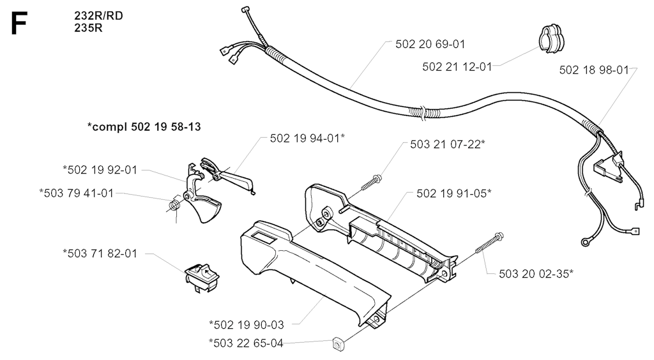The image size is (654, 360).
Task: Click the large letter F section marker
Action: coord(19,23)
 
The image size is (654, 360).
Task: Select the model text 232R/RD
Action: coord(98,16)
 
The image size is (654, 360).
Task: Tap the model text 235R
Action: coord(88,28)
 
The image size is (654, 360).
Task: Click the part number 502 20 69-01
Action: coord(430,44)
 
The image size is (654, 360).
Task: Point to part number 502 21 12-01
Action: coord(457,66)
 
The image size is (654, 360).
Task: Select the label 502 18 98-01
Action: coord(594,70)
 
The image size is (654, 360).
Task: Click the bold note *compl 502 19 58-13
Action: coord(144,126)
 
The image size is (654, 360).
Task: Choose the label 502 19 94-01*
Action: coord(307,139)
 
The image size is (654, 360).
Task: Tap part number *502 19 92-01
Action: coord(100,170)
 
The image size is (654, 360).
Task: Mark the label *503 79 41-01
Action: coord(77,193)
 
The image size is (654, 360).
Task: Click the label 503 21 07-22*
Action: coord(448,144)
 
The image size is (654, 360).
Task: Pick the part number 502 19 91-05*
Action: coord(454,193)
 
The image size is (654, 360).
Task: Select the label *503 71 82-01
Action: coord(100,253)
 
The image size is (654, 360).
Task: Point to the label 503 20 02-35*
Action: coord(536,273)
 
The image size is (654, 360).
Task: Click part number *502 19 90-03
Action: coord(246,325)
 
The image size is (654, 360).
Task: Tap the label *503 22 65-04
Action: coord(246,343)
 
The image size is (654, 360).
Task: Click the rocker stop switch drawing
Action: coord(202,278)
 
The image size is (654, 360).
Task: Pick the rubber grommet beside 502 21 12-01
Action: coord(551,38)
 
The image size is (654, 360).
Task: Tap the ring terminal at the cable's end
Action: coord(585,242)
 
